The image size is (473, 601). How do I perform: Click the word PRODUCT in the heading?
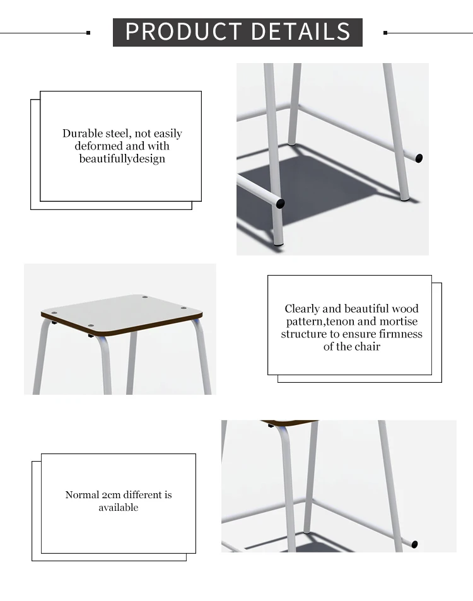[184, 32]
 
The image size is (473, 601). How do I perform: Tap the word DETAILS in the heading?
[301, 32]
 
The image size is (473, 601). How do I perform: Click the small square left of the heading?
[88, 33]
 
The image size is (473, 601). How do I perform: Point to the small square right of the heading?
[385, 33]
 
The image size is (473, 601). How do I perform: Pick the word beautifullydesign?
[122, 159]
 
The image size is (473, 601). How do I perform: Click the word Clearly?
[302, 309]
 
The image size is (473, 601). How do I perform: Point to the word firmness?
[400, 334]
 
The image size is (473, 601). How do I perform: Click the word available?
[119, 508]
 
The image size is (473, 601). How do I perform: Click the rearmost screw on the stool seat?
[145, 297]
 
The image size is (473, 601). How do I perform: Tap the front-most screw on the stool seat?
[91, 326]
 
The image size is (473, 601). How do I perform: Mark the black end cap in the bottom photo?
[414, 544]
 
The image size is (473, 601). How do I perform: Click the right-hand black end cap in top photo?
[419, 158]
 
